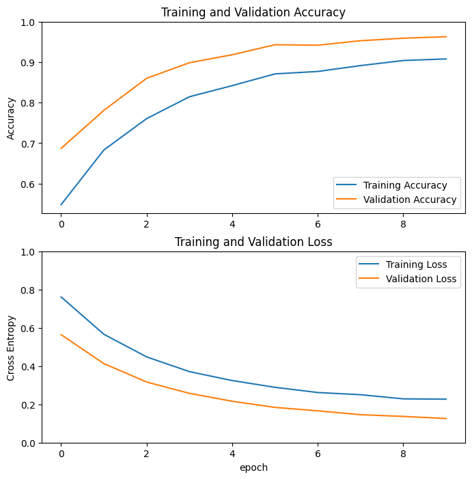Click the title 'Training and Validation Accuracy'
[253, 12]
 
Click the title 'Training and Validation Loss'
[253, 242]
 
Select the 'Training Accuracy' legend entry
[405, 185]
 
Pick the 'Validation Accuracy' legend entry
[410, 200]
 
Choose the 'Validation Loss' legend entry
[421, 279]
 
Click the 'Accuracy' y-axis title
[11, 118]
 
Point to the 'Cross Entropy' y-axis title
[11, 347]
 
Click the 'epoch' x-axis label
[253, 467]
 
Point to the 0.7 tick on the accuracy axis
[28, 144]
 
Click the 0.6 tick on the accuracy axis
[28, 184]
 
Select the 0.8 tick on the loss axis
[28, 290]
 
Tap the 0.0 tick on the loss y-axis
[28, 443]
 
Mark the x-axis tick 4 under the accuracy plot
[232, 223]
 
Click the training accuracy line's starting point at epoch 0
[61, 204]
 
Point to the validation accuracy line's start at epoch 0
[61, 148]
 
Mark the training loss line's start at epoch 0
[61, 297]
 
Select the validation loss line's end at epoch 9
[446, 418]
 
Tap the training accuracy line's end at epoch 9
[446, 59]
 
